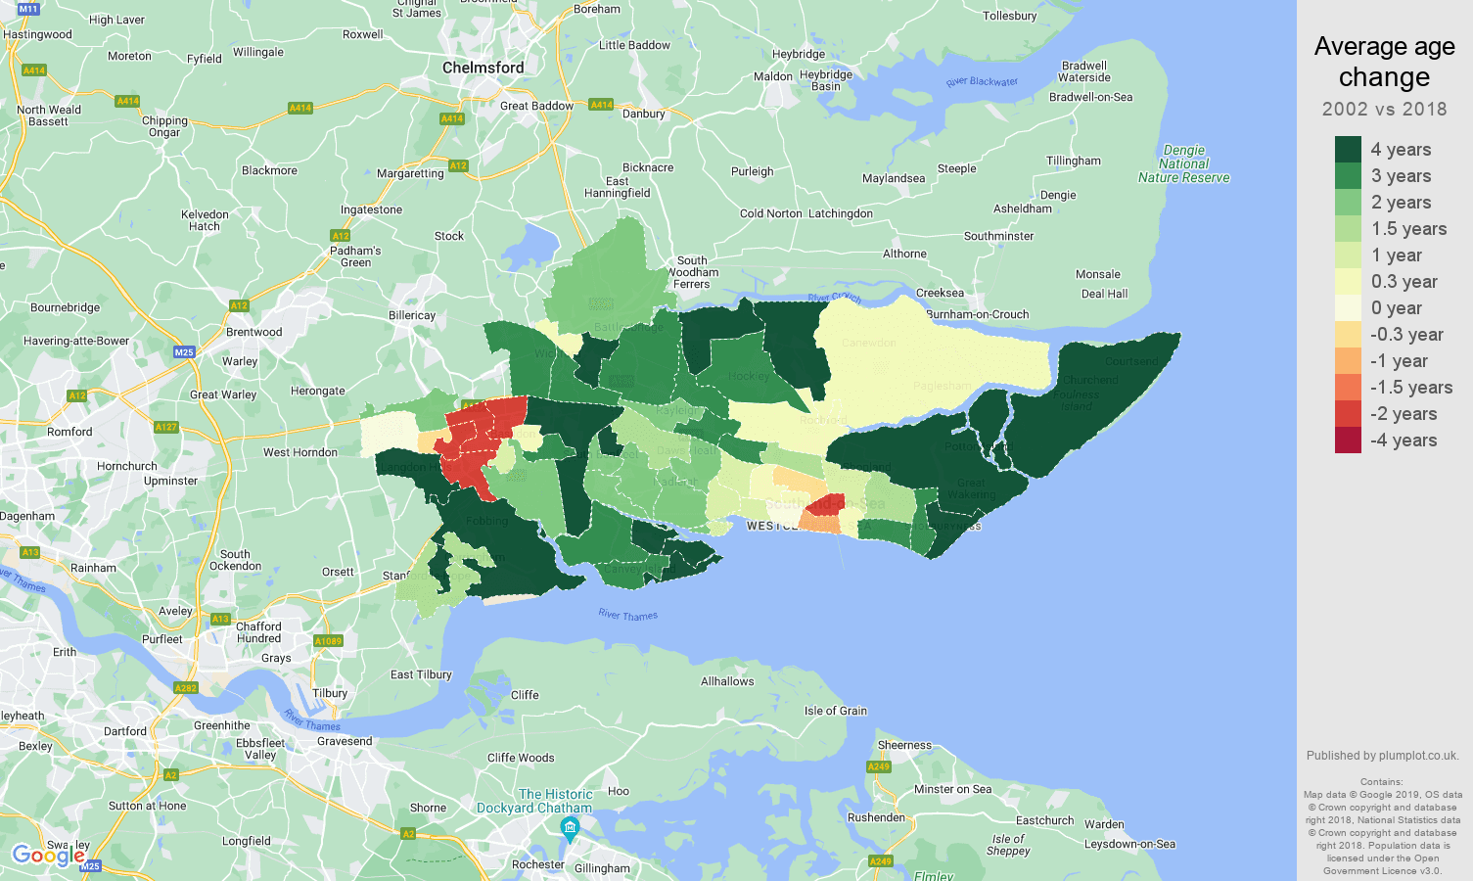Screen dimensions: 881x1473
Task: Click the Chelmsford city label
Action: pos(483,68)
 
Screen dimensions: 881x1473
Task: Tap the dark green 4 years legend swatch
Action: pos(1348,149)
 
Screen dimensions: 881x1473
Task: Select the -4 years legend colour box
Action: pos(1348,440)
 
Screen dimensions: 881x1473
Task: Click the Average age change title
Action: pos(1384,62)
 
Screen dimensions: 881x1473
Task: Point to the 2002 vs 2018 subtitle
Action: pos(1384,110)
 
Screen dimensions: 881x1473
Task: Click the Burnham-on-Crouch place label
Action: pos(978,314)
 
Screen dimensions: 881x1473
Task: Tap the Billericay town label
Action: pos(412,315)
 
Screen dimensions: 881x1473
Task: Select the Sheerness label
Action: pos(904,745)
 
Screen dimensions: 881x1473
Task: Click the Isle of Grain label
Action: pos(835,711)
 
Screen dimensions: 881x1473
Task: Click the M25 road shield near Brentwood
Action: pos(183,352)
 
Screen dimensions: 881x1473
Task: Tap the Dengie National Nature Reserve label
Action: pos(1183,163)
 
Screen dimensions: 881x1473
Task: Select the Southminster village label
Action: pos(998,236)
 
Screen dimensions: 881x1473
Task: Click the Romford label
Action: pos(69,432)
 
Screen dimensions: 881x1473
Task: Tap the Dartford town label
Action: pos(125,731)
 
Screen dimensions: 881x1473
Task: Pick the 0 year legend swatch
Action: pos(1348,307)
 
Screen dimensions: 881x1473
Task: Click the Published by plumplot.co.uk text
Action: pos(1382,756)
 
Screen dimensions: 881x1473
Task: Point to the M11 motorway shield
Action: pos(27,9)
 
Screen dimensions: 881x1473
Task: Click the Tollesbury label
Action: pos(1009,16)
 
